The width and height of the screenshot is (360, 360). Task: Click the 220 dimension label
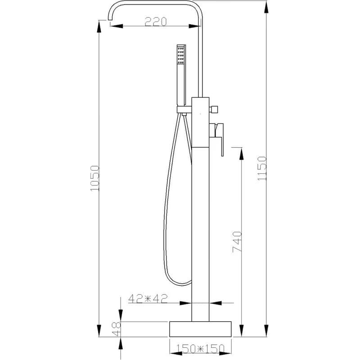point(155,22)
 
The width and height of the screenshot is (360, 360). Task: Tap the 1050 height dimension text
point(95,178)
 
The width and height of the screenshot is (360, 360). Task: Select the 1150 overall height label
point(262,168)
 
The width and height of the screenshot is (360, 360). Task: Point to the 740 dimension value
point(238,242)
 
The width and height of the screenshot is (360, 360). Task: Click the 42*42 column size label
point(148,298)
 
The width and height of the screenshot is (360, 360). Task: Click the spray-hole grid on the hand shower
point(181,55)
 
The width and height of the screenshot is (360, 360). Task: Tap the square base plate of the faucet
point(200,329)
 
